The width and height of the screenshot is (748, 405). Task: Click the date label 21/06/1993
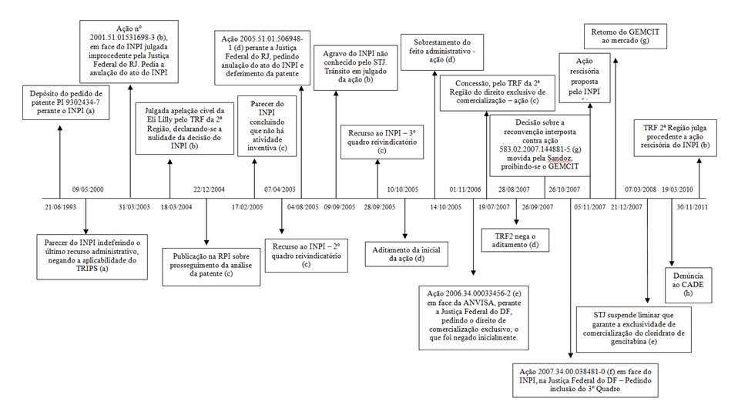point(59,208)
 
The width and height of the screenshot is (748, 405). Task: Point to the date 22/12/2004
point(208,189)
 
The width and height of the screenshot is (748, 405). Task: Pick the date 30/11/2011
point(692,208)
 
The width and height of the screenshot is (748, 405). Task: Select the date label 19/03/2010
point(675,189)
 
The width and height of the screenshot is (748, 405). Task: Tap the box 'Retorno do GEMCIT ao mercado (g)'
point(626,35)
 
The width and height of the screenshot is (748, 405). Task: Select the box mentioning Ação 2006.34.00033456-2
point(473,316)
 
